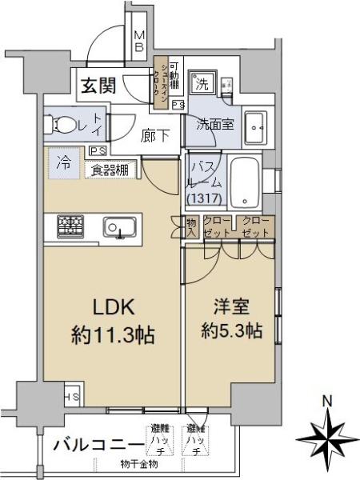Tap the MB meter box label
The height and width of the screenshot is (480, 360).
(138, 41)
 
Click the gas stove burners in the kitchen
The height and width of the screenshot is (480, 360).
(70, 226)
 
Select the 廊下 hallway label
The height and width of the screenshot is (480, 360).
(155, 136)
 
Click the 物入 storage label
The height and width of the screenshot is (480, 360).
(192, 226)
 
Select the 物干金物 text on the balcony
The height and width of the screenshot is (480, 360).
(139, 464)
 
